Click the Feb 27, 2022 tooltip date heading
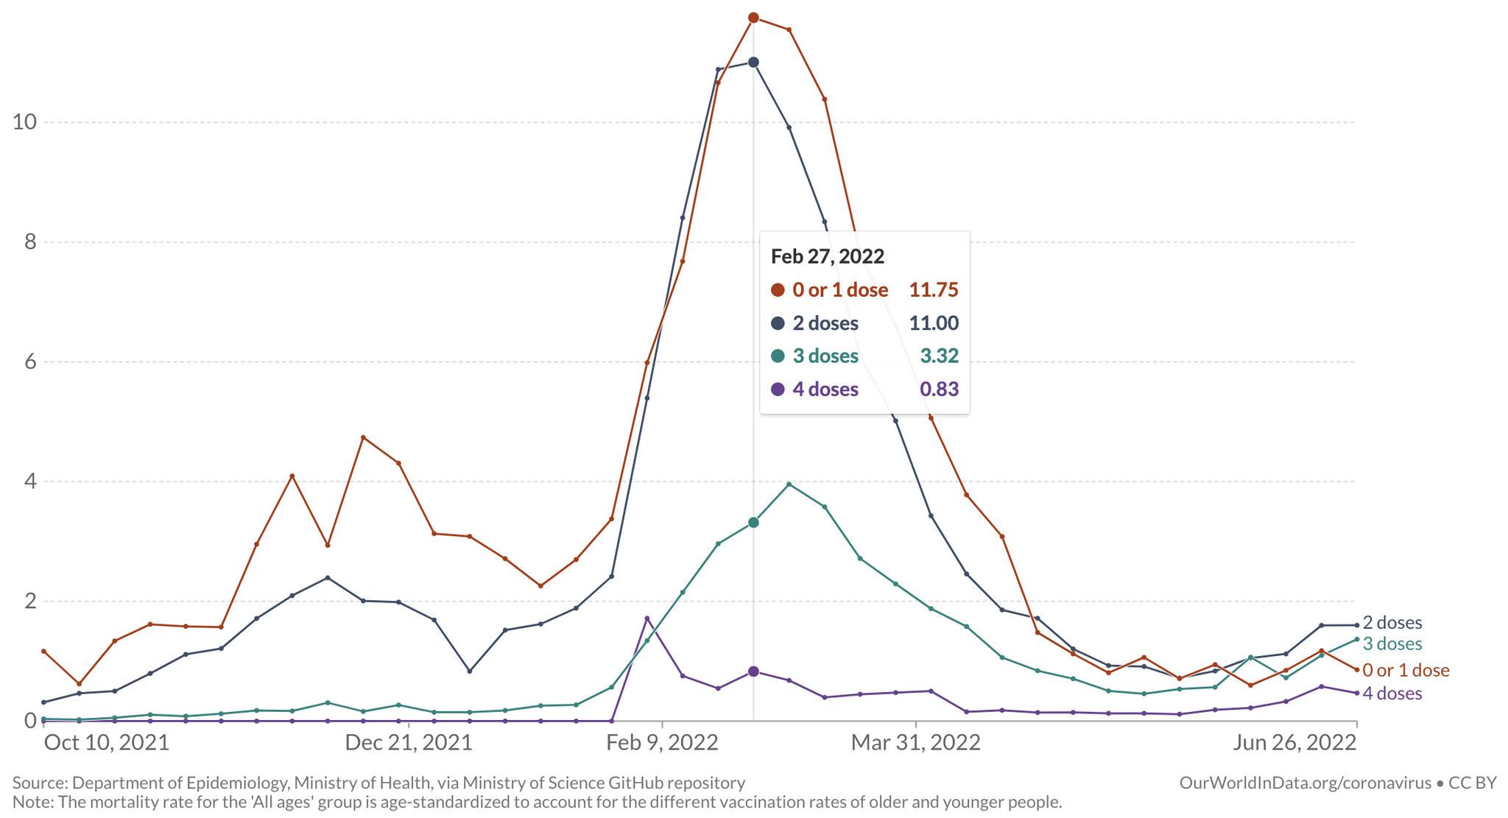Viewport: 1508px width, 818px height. coord(827,256)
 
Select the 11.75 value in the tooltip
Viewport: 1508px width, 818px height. coord(933,290)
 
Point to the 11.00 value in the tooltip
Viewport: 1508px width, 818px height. coord(933,323)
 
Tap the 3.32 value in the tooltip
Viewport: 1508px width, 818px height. coord(939,356)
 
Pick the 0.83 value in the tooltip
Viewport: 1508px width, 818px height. coord(939,389)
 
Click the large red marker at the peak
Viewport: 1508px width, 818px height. coord(753,18)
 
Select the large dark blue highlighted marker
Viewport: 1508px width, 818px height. coord(753,63)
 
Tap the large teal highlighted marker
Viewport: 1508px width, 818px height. coord(753,523)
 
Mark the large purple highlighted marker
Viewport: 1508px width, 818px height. coord(753,671)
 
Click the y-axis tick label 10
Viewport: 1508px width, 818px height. coord(24,122)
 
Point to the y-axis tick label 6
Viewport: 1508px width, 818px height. coord(30,362)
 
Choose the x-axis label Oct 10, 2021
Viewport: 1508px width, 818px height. coord(107,742)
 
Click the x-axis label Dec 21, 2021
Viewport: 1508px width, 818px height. coord(409,742)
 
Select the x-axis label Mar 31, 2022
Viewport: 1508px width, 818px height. coord(915,742)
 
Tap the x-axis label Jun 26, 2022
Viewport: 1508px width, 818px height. coord(1294,742)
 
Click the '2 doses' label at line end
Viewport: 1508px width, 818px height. coord(1392,623)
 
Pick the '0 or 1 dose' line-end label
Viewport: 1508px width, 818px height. coord(1406,671)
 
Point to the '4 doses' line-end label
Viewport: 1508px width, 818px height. coord(1392,694)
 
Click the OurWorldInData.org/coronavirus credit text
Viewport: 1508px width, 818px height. coord(1305,783)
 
